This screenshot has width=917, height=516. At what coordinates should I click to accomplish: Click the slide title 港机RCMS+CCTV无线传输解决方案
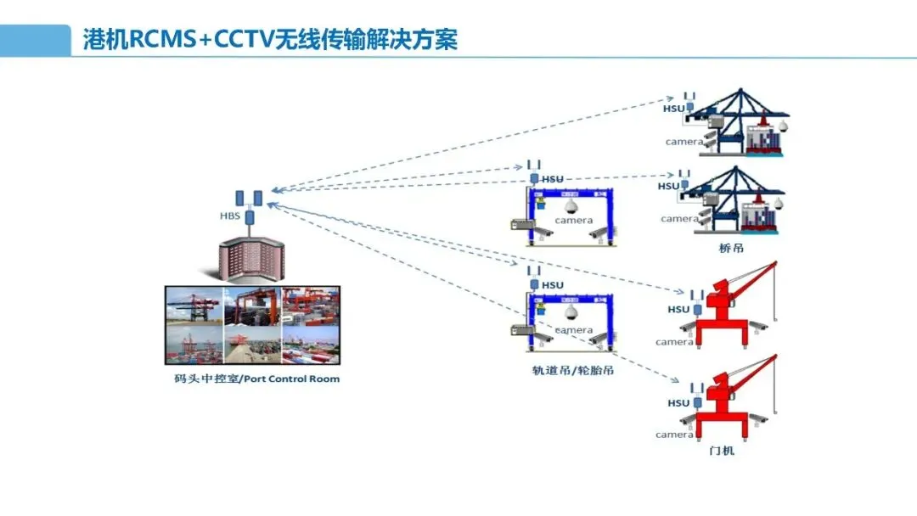pos(270,40)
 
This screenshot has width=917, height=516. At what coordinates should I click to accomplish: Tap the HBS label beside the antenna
pos(230,216)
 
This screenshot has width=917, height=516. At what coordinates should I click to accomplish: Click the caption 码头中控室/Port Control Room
pos(251,379)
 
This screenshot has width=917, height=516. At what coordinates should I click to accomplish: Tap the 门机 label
pos(721,451)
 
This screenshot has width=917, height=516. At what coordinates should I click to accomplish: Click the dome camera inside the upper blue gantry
pos(570,206)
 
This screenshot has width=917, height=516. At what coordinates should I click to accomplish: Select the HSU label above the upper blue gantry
pos(553,179)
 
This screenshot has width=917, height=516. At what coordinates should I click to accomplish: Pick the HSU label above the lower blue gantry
pos(553,285)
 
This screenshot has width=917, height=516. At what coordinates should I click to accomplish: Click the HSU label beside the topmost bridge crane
pos(673,109)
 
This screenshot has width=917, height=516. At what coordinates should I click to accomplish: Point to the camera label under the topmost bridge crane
pos(683,142)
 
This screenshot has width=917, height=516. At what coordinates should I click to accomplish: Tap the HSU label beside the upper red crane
pos(678,310)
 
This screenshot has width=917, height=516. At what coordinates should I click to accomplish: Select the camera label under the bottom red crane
pos(674,435)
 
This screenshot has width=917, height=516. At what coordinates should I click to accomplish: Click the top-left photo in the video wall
pos(194,307)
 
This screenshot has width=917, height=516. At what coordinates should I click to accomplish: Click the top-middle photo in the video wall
pos(251,307)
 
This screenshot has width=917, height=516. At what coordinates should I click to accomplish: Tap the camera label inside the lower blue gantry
pos(574,329)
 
